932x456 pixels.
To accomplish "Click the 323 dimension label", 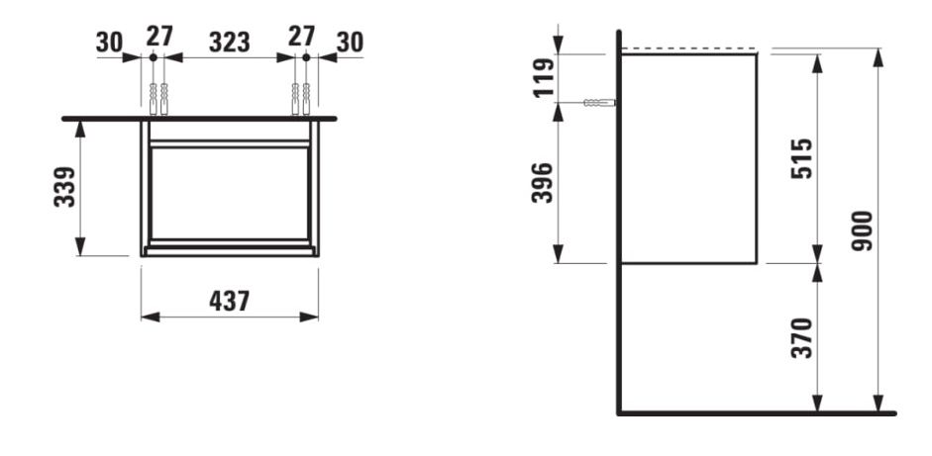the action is [x=230, y=43].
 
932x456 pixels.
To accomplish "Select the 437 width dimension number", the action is [x=230, y=302].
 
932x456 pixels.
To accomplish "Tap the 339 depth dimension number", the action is [x=64, y=186].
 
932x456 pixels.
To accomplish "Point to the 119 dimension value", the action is [x=543, y=77].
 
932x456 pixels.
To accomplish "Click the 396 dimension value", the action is [x=543, y=182].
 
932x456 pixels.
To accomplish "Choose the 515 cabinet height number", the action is [x=801, y=158].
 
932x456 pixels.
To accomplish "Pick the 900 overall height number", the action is [x=863, y=230].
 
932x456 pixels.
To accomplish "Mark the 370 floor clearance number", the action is [x=802, y=338].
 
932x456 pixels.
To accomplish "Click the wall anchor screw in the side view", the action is [x=599, y=103].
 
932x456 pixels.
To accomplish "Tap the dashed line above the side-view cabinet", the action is [x=689, y=48].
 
